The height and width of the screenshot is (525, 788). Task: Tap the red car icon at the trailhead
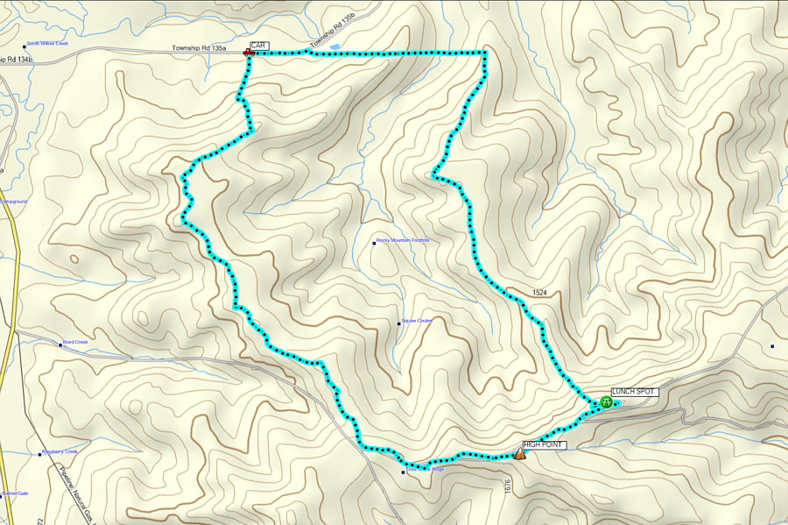(249, 53)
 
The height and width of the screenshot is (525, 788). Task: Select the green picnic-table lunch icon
(607, 401)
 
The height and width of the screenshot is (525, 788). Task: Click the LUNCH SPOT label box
(633, 391)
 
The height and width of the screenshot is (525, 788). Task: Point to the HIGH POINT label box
(544, 445)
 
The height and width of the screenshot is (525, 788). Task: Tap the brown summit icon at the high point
(520, 454)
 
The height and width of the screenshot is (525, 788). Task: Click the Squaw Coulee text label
(418, 321)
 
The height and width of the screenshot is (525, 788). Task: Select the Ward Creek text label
(76, 342)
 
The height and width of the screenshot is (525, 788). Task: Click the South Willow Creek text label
(47, 43)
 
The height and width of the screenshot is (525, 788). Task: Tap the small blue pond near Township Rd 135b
(334, 46)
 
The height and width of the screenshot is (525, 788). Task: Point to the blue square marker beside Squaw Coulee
(398, 322)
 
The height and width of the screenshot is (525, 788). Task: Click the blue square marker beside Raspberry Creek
(39, 453)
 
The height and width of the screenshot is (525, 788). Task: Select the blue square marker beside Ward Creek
(60, 344)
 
